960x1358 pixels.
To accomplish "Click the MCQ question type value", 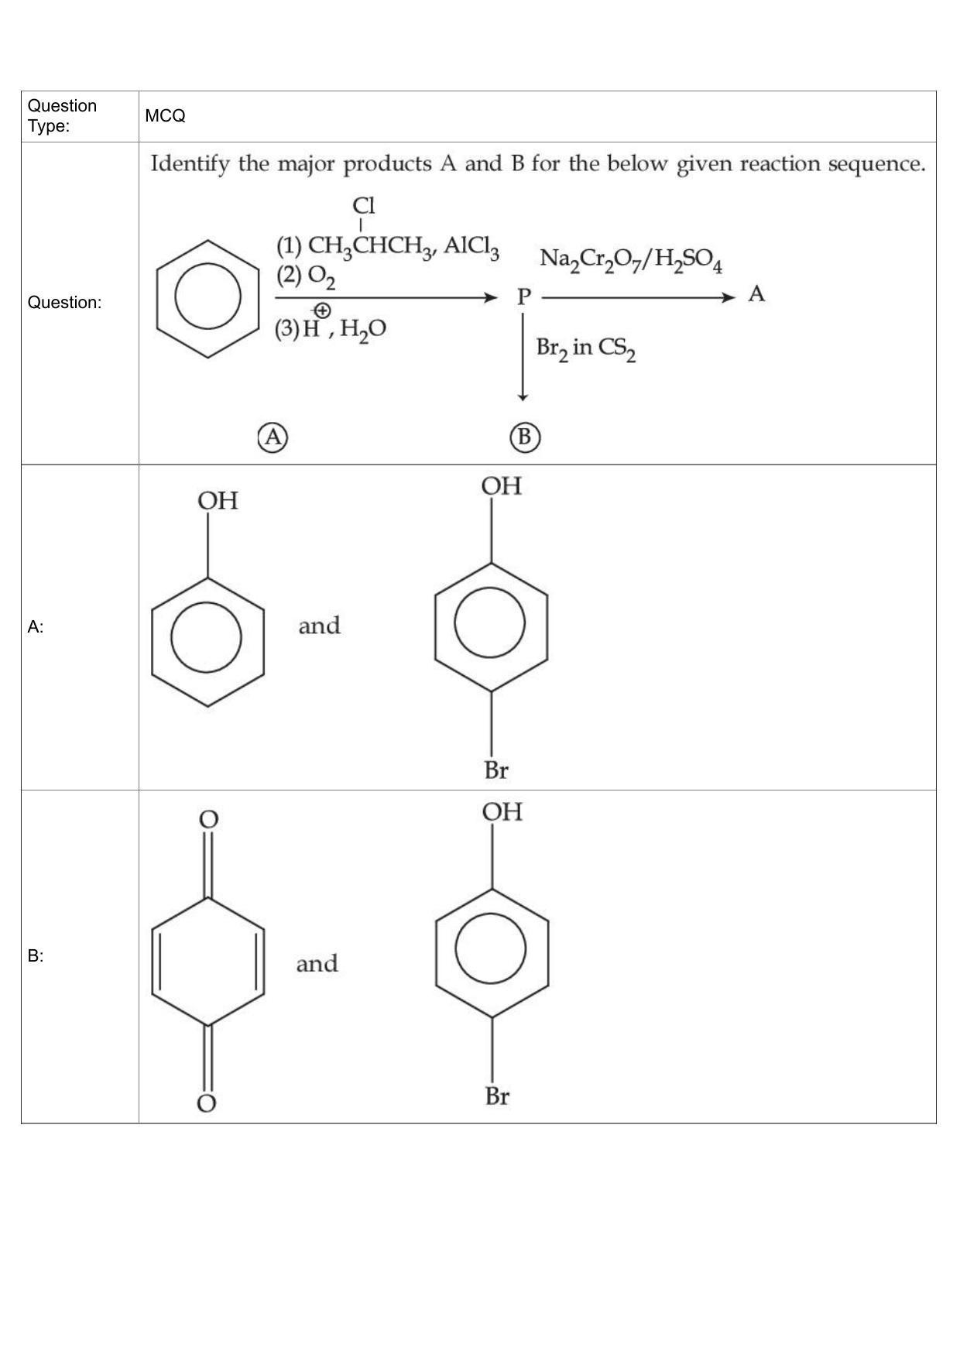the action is tap(165, 116).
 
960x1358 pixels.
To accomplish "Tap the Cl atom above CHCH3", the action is tap(364, 205).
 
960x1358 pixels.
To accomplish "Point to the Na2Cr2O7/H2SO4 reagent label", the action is tap(631, 259).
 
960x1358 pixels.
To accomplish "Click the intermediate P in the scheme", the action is tap(524, 296).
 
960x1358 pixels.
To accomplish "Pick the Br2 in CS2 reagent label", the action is tap(586, 348).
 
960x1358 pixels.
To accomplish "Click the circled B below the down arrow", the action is tap(525, 437).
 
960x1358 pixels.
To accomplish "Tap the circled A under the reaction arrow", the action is tap(273, 437).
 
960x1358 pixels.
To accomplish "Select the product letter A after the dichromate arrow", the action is tap(756, 294).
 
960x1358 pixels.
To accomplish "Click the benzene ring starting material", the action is tap(207, 299).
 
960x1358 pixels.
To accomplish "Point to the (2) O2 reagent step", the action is tap(306, 276).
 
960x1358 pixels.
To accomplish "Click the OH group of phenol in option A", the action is tap(218, 501).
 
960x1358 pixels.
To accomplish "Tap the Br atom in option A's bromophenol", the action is tap(496, 770).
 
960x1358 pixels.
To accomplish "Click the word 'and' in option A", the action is tap(320, 626).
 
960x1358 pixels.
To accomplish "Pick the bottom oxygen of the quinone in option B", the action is tap(206, 1103).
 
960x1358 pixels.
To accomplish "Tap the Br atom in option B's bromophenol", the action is tap(497, 1096).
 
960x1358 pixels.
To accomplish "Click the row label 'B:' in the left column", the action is tap(36, 956).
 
